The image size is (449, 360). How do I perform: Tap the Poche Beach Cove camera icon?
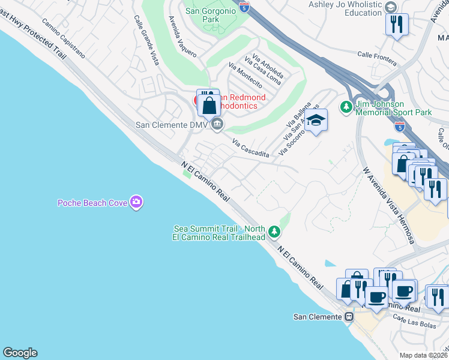136,202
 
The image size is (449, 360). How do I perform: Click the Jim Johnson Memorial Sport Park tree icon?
346,107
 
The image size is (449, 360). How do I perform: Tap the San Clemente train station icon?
349,316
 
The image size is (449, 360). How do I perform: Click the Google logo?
20,353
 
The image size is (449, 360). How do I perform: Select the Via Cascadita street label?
250,149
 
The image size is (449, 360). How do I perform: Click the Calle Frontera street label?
377,58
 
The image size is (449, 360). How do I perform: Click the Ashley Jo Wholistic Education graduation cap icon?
391,7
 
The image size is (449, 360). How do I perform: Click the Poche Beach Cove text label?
92,203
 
